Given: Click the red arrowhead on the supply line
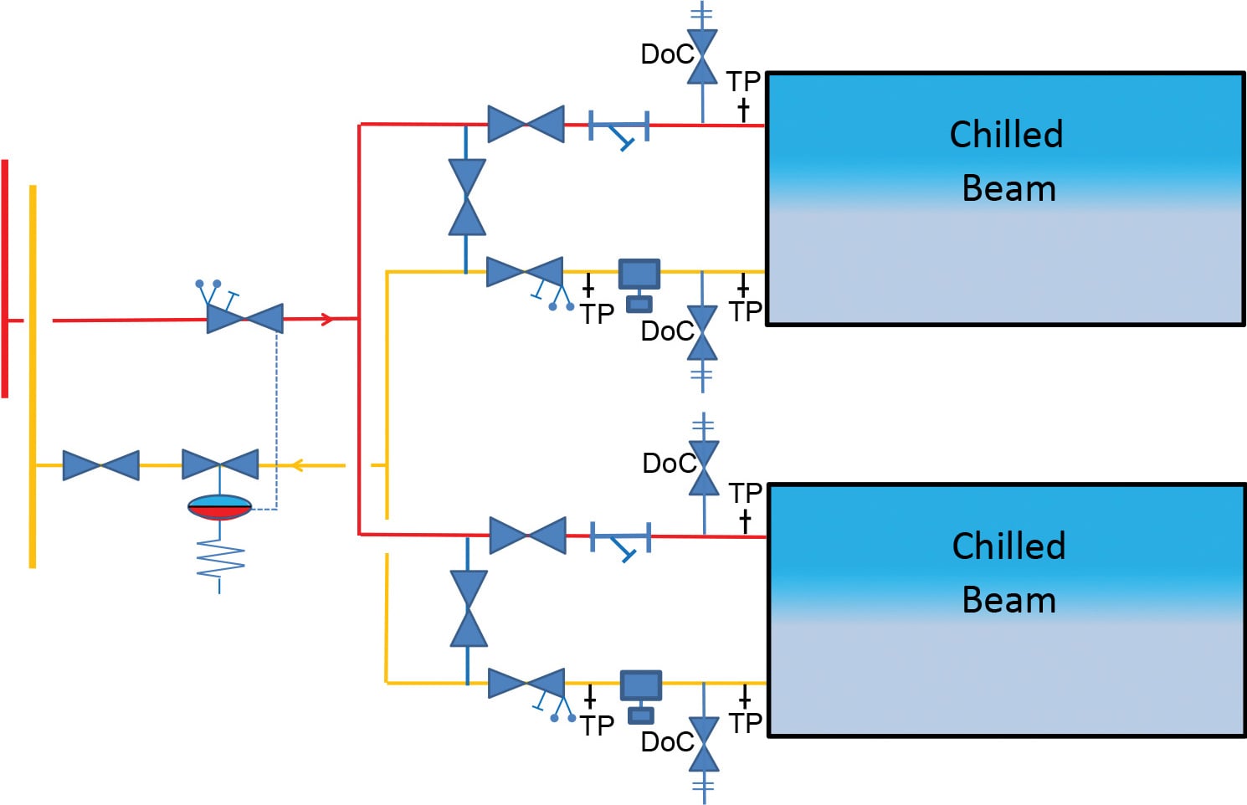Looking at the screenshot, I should click(x=327, y=319).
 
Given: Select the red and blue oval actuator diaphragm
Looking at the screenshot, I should click(x=219, y=507).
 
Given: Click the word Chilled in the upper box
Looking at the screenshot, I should click(x=1006, y=135).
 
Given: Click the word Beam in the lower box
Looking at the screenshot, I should click(x=1008, y=600).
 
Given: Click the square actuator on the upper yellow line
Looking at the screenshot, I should click(x=639, y=275).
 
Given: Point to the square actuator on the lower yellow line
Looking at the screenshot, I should click(x=641, y=686).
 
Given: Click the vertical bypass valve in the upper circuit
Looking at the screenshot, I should click(x=467, y=197).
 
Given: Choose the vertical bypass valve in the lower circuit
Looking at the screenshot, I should click(x=469, y=608).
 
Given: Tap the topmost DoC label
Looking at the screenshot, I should click(x=666, y=54).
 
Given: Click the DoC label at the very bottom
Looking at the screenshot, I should click(x=666, y=742).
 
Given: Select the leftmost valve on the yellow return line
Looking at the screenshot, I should click(x=100, y=465).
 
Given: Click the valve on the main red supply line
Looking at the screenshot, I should click(x=244, y=319).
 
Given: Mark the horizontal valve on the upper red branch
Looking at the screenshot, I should click(x=526, y=124).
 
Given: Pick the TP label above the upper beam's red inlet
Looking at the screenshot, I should click(x=742, y=82).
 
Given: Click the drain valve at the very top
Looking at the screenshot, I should click(x=702, y=55).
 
